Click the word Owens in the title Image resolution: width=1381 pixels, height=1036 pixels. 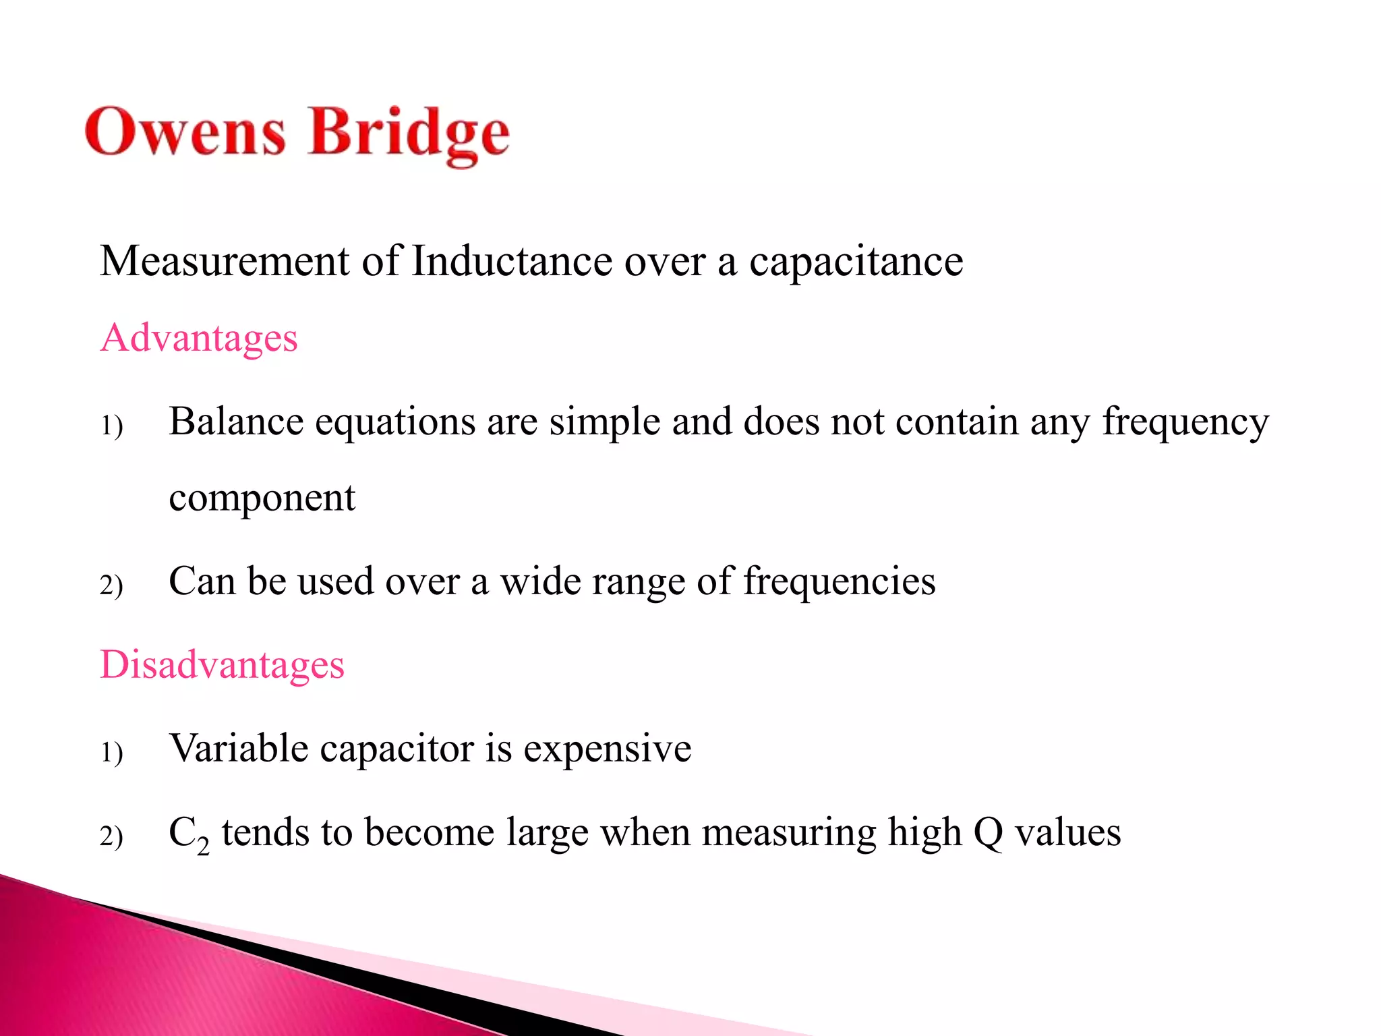click(185, 132)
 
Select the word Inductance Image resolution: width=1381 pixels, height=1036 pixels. click(512, 261)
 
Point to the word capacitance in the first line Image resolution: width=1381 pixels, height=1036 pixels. click(856, 261)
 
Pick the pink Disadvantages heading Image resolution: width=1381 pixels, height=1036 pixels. click(222, 664)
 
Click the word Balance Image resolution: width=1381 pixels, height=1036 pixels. click(236, 422)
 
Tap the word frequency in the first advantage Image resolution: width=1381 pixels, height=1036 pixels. click(1185, 423)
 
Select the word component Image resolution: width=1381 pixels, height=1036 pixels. click(262, 499)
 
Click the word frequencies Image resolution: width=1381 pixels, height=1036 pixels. click(839, 581)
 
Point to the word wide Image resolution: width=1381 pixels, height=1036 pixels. click(539, 581)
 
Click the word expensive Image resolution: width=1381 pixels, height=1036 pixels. click(608, 749)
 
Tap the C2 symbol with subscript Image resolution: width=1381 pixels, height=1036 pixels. click(188, 834)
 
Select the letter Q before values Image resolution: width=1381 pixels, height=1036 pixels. click(988, 833)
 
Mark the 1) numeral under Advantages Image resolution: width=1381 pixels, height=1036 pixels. click(111, 426)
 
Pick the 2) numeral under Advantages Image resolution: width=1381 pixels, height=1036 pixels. click(111, 585)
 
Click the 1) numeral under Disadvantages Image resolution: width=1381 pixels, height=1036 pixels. click(111, 752)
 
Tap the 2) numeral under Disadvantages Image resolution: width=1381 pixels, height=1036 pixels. click(111, 836)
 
